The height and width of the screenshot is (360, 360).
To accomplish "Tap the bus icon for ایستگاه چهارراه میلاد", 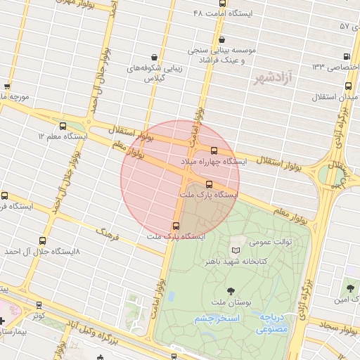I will point(214,150).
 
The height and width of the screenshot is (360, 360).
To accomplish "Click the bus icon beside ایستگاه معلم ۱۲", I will point(63,127).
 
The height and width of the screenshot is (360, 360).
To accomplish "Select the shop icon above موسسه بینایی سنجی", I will point(223,40).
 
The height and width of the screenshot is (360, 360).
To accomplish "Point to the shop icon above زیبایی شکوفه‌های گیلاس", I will point(154,57).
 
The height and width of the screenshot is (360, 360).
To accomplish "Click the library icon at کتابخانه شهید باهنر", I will point(236,250).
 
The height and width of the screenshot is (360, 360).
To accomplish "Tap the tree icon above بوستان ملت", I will point(231,290).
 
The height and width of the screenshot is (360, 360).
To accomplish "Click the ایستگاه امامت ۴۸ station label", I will point(224,13).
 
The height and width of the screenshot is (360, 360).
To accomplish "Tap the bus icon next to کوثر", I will point(38,306).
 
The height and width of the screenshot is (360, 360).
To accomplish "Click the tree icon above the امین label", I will point(350,288).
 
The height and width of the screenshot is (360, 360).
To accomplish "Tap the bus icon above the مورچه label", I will point(7,87).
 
